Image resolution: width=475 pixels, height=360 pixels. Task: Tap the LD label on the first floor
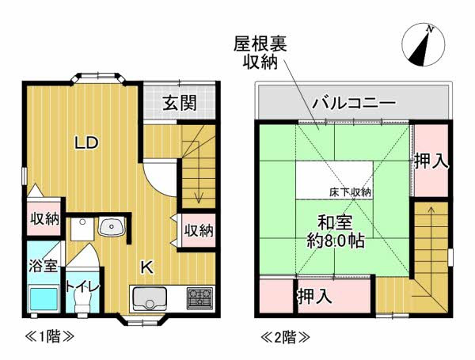[x=86, y=143]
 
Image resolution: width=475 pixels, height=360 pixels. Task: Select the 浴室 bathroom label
[x=43, y=266]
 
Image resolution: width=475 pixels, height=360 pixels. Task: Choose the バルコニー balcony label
[x=353, y=103]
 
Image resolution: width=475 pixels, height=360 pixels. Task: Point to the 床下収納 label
[x=351, y=192]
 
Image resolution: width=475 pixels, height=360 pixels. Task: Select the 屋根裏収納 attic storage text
[x=259, y=52]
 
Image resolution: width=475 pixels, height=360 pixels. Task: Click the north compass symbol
[x=423, y=45]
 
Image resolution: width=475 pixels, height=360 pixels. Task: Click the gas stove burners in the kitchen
[x=199, y=299]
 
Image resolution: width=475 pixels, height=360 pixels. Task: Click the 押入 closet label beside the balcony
[x=432, y=161]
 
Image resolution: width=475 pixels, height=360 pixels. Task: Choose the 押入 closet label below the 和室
[x=313, y=297]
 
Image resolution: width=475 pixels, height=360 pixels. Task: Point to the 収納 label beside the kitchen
[x=199, y=230]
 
